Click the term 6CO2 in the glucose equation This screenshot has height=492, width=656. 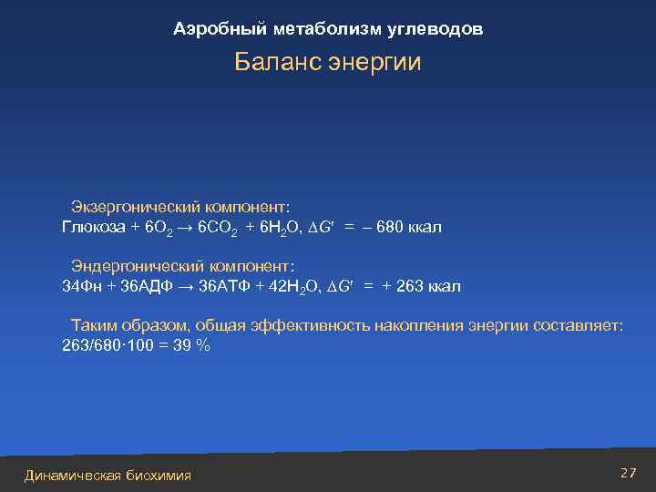click(x=218, y=228)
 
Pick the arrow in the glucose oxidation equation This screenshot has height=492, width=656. click(x=185, y=227)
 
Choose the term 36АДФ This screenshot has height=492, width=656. click(x=147, y=286)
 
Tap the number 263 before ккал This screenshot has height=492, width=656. click(x=411, y=286)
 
